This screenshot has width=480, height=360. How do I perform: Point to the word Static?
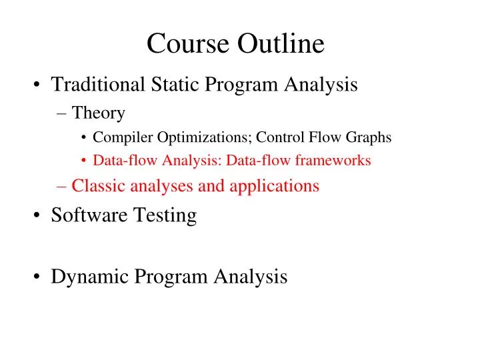coord(177,85)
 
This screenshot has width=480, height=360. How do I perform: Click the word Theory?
coord(98,114)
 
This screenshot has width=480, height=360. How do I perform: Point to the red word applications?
coord(274,186)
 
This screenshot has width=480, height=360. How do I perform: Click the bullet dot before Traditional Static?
coord(37,85)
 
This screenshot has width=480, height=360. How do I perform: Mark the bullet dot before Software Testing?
coord(37,216)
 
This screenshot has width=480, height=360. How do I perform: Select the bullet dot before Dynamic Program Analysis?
coord(37,277)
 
